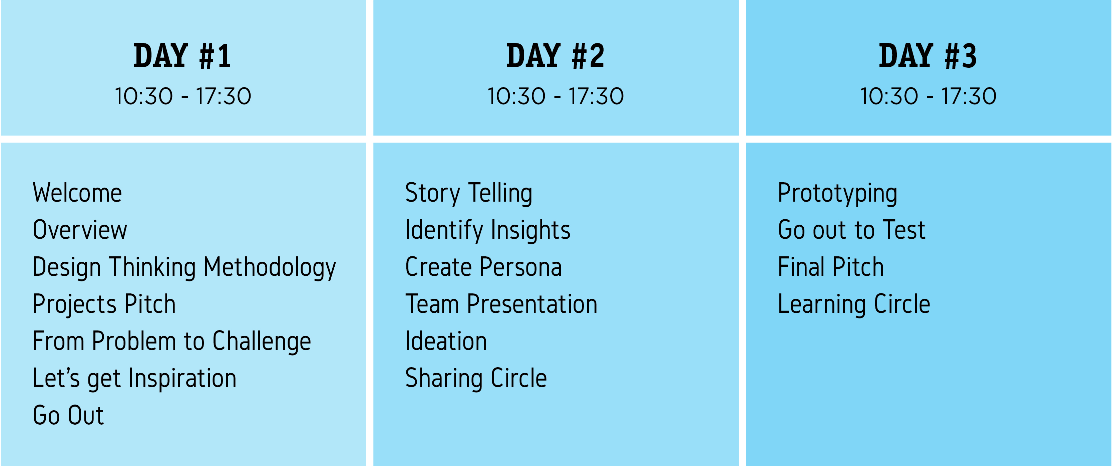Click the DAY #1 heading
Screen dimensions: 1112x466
182,56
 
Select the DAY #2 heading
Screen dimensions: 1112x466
555,56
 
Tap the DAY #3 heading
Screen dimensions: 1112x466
928,56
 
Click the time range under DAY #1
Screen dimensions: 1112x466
182,96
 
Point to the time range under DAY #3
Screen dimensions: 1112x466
928,96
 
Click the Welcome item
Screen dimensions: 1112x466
77,193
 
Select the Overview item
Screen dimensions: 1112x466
80,230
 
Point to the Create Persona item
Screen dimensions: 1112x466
483,267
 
